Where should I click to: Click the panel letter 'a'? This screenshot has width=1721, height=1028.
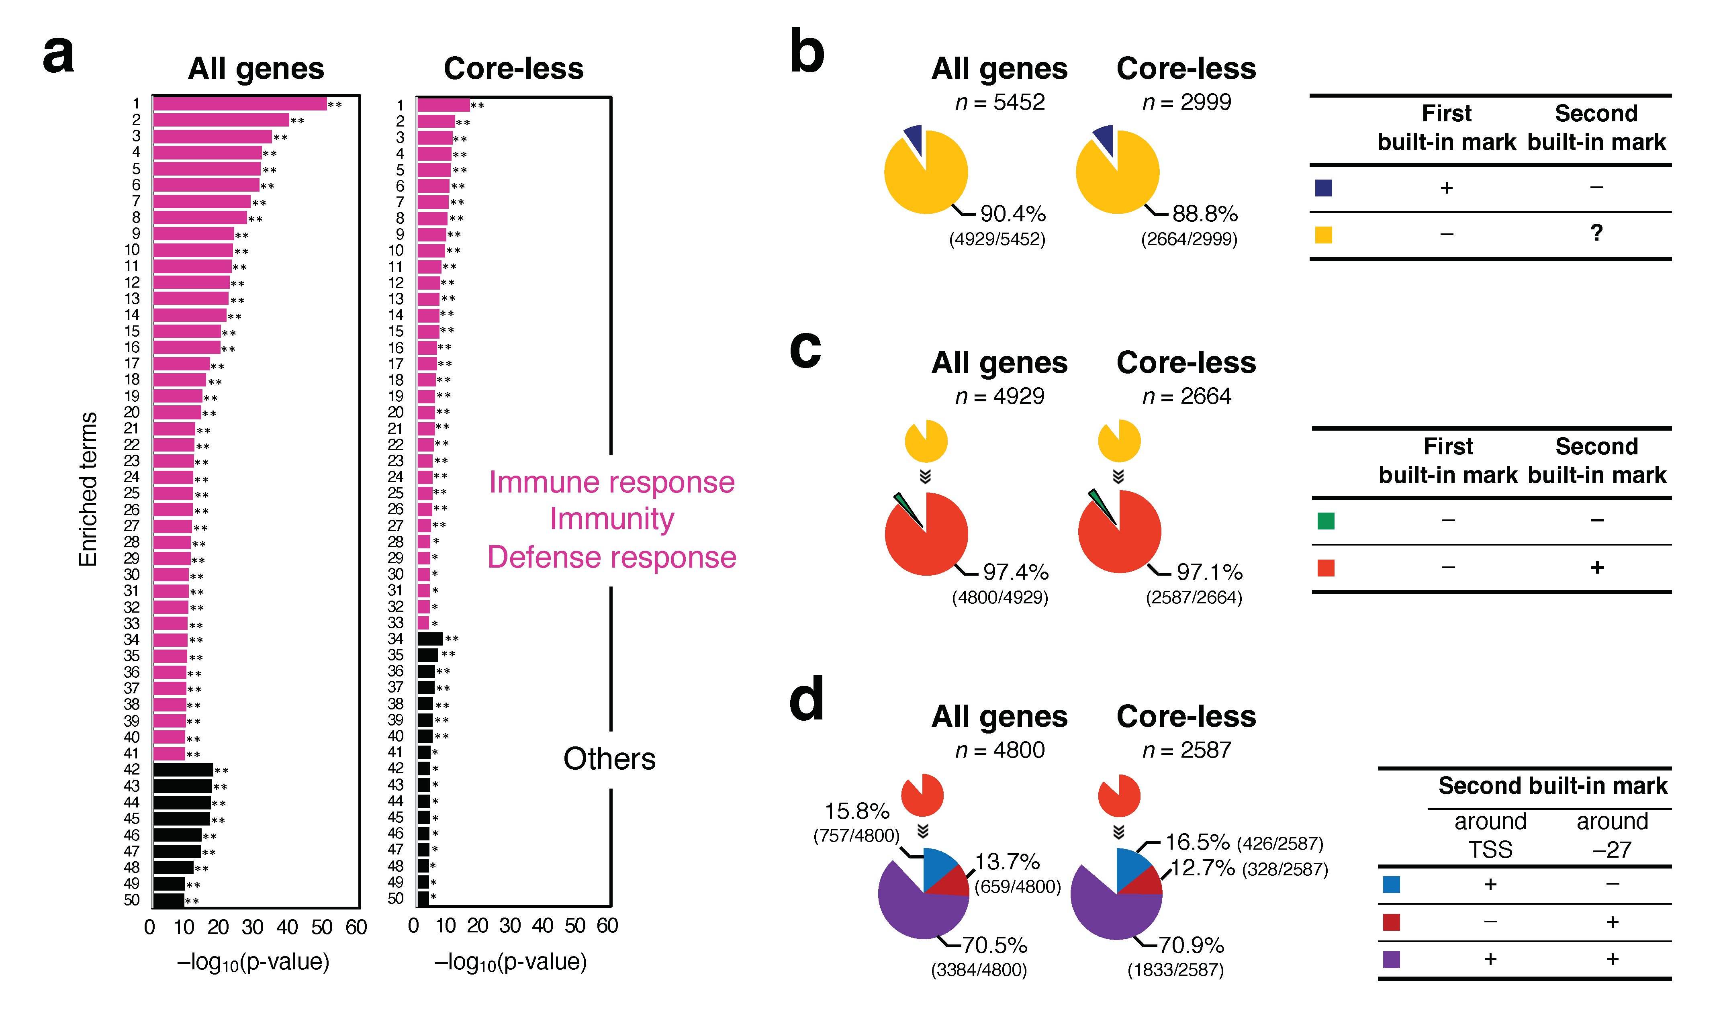pyautogui.click(x=58, y=55)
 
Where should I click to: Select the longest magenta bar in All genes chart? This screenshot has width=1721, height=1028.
pyautogui.click(x=239, y=104)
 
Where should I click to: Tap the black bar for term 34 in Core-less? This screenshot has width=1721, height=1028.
pyautogui.click(x=429, y=639)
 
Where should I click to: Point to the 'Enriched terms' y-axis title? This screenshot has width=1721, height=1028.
pyautogui.click(x=88, y=489)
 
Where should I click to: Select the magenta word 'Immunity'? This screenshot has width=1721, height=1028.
pyautogui.click(x=611, y=519)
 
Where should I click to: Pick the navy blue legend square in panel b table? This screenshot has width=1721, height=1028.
pyautogui.click(x=1323, y=188)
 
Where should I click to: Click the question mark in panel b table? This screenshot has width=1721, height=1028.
pyautogui.click(x=1596, y=233)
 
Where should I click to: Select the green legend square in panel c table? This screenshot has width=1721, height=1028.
pyautogui.click(x=1326, y=521)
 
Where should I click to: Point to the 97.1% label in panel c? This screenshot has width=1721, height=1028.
pyautogui.click(x=1209, y=572)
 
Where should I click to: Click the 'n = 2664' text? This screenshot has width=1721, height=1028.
pyautogui.click(x=1186, y=396)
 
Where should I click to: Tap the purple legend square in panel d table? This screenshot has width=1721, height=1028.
pyautogui.click(x=1391, y=959)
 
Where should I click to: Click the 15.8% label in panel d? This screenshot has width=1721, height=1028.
pyautogui.click(x=857, y=811)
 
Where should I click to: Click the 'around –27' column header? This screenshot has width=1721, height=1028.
pyautogui.click(x=1612, y=836)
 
